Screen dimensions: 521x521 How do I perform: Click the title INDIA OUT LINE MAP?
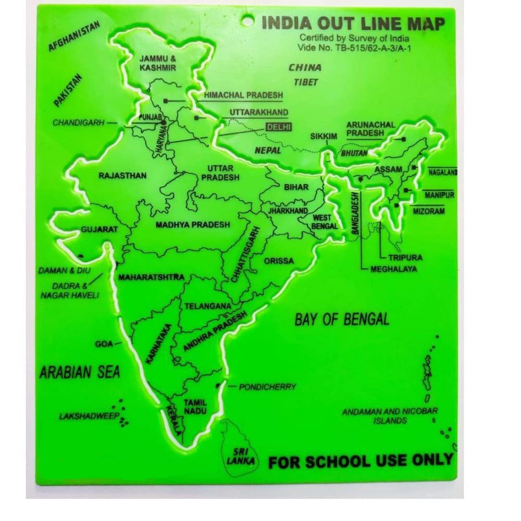(x=353, y=24)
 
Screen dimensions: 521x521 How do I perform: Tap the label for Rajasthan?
(x=122, y=176)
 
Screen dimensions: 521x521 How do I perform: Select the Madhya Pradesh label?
(x=193, y=225)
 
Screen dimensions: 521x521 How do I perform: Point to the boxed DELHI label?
(x=279, y=127)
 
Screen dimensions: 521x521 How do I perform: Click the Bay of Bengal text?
(x=342, y=319)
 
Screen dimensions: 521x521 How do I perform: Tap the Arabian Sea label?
(x=80, y=372)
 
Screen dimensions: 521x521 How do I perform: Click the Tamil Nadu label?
(x=195, y=407)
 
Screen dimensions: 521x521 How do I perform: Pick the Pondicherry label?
(x=267, y=387)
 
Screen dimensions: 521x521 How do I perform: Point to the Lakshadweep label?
(x=86, y=416)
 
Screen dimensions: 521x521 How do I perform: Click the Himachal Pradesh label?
(x=243, y=96)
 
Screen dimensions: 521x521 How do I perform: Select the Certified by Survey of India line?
(x=354, y=38)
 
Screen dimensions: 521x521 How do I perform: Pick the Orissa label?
(x=279, y=260)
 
